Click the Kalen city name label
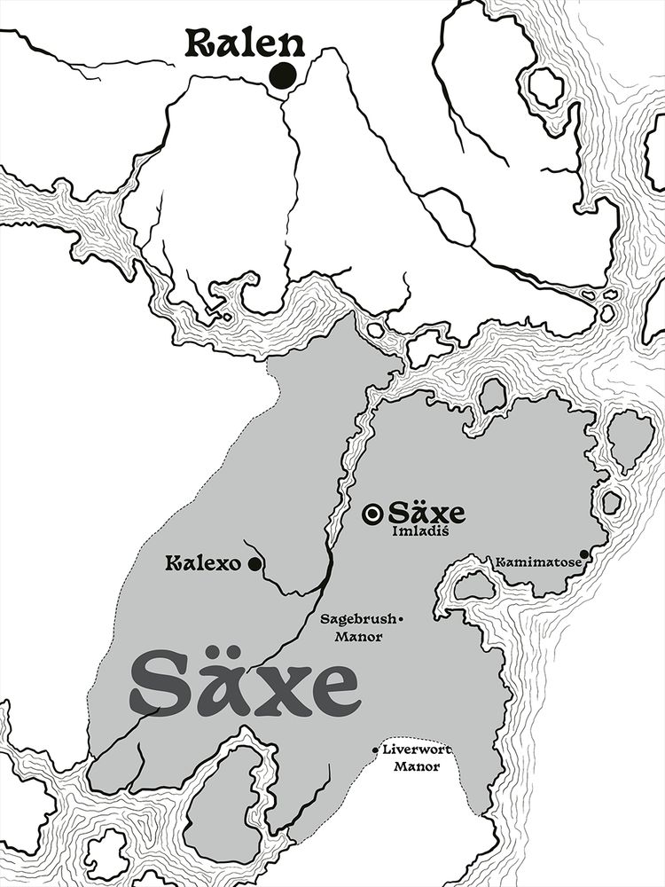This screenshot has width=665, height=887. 245,44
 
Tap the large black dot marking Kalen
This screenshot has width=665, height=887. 283,76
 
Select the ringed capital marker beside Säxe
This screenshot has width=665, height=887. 374,513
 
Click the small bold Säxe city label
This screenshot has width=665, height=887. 426,513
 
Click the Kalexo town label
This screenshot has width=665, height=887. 204,563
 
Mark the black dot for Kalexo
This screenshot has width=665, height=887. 254,563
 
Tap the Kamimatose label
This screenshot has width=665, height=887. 537,562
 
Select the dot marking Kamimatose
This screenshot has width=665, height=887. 584,554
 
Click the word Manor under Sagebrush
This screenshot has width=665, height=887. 358,636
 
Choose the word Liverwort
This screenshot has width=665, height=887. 417,750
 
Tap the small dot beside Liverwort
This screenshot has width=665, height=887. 376,750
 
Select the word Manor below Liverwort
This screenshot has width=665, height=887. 417,766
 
